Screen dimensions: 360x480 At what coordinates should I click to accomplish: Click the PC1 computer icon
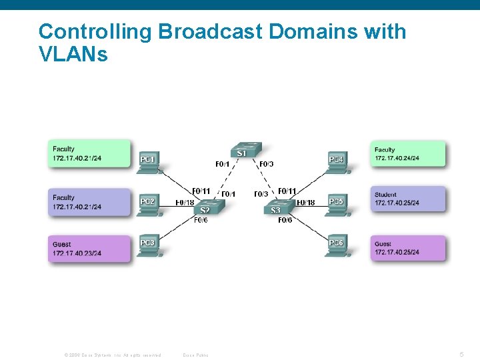(148, 163)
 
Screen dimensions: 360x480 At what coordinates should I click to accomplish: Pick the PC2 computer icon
(148, 205)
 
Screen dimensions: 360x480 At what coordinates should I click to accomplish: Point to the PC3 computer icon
(148, 247)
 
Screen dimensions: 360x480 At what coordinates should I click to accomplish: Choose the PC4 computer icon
(337, 163)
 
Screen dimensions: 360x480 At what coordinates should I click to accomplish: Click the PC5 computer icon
(337, 205)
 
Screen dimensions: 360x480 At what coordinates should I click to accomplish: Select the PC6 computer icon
(337, 247)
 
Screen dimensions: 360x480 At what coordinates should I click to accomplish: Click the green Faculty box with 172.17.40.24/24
(407, 154)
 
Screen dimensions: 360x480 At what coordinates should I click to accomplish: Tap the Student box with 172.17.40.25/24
(407, 199)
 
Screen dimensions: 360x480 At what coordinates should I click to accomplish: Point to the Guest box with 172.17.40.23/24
(89, 249)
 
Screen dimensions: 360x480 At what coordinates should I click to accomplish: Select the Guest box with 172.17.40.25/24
(407, 248)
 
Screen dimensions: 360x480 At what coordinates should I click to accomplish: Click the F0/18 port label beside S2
(185, 203)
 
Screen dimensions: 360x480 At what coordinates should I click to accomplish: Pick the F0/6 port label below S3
(285, 220)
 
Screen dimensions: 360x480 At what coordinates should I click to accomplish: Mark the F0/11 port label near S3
(287, 191)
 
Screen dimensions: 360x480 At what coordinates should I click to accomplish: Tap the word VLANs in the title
(73, 55)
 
